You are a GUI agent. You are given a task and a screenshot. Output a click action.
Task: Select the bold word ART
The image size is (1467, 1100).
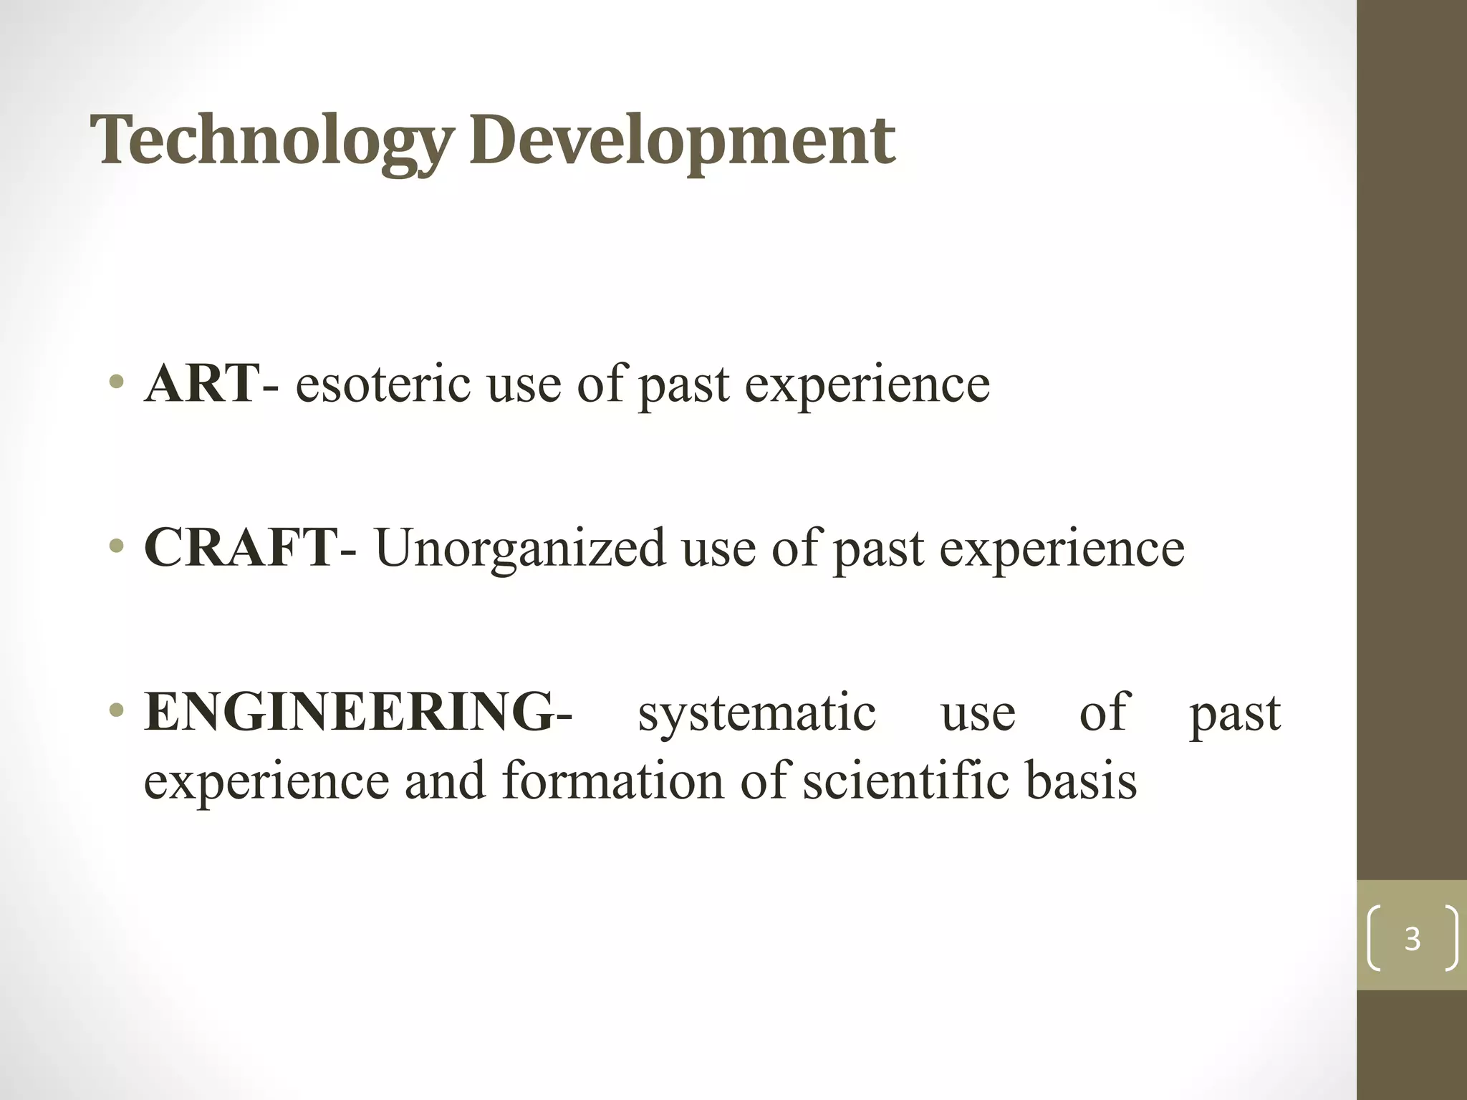click(201, 383)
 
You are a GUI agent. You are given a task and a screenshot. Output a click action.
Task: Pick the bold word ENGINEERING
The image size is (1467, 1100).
click(349, 712)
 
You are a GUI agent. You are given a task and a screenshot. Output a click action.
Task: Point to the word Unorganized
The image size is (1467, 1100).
click(520, 549)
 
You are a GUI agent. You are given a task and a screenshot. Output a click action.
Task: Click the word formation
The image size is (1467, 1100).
click(612, 780)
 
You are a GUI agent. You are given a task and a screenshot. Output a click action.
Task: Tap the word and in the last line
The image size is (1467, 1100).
click(444, 780)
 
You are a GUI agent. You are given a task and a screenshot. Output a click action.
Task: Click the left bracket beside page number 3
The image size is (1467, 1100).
click(1374, 938)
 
